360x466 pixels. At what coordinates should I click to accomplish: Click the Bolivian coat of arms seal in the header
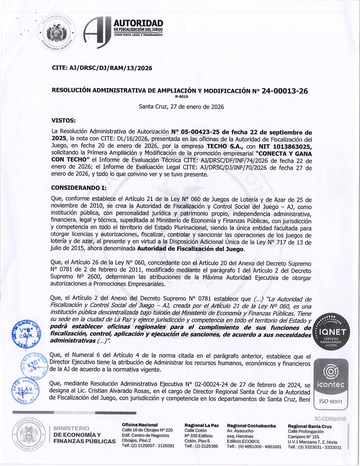[x=59, y=33]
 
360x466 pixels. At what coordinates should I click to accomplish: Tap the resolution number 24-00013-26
[x=285, y=91]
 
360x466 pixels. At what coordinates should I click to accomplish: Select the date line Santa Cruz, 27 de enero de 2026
[x=181, y=107]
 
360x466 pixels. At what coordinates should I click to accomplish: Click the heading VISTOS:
[x=64, y=121]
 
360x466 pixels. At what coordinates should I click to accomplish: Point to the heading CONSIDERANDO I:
[x=79, y=188]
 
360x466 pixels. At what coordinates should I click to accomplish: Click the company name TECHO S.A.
[x=225, y=146]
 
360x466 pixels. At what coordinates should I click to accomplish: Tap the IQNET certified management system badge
[x=331, y=331]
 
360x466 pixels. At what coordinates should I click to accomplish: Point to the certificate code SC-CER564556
[x=330, y=419]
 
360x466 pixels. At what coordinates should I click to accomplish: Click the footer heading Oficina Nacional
[x=139, y=425]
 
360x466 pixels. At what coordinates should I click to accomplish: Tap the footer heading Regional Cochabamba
[x=251, y=426]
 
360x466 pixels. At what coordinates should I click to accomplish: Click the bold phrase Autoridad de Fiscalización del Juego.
[x=191, y=249]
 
